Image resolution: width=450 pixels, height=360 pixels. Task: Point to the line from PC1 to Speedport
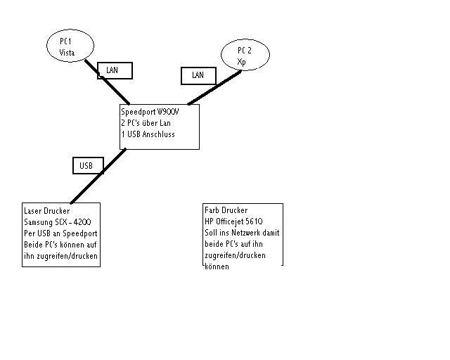tap(108, 82)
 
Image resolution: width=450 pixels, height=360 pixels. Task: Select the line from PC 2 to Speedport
tap(214, 88)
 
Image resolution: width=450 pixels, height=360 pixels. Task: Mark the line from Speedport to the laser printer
tap(98, 176)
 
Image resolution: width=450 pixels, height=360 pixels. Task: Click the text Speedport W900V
tap(150, 112)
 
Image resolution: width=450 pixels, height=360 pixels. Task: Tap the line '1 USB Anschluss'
tap(148, 134)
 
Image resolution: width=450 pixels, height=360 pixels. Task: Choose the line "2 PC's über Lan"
tap(146, 123)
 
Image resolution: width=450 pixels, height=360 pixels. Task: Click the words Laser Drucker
tap(47, 211)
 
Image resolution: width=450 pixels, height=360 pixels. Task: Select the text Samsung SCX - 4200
tap(58, 222)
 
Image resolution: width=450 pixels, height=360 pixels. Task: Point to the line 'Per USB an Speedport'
tap(61, 233)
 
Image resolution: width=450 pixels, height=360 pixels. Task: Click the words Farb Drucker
tap(226, 210)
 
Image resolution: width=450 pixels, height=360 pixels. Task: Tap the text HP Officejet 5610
tap(233, 221)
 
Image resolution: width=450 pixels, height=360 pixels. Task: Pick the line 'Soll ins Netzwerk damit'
tap(242, 233)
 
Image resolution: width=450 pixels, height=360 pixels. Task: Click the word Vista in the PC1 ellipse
tap(67, 53)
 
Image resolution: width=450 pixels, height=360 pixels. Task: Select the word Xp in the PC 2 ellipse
tap(242, 62)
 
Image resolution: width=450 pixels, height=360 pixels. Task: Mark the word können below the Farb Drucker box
tap(217, 266)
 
